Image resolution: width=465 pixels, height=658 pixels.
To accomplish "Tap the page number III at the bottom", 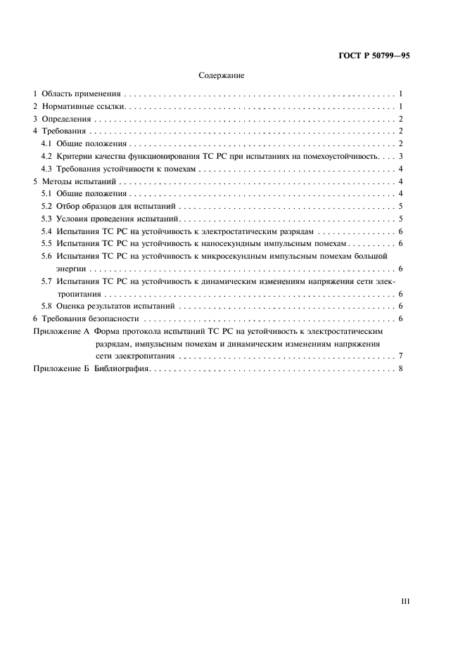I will [x=405, y=601].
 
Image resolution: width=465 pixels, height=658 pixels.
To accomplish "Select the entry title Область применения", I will [x=82, y=94].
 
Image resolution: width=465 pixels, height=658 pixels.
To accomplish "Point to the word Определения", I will [x=70, y=119].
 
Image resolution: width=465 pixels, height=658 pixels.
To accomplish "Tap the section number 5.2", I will [x=46, y=206].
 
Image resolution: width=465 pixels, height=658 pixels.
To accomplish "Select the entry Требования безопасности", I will [x=90, y=318].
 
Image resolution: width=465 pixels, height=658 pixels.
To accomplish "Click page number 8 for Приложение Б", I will [x=400, y=368].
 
